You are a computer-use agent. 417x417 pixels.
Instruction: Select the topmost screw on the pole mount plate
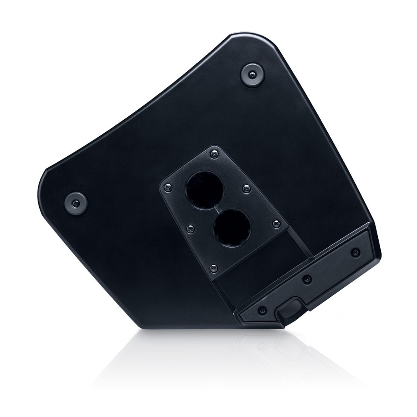(214, 153)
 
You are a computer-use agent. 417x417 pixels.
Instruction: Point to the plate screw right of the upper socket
(246, 188)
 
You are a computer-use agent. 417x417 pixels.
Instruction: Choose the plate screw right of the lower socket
(276, 224)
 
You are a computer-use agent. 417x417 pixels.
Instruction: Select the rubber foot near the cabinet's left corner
(76, 203)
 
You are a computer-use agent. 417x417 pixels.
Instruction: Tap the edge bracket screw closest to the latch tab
(262, 310)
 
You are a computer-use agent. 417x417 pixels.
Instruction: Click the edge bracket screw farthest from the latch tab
(355, 252)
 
